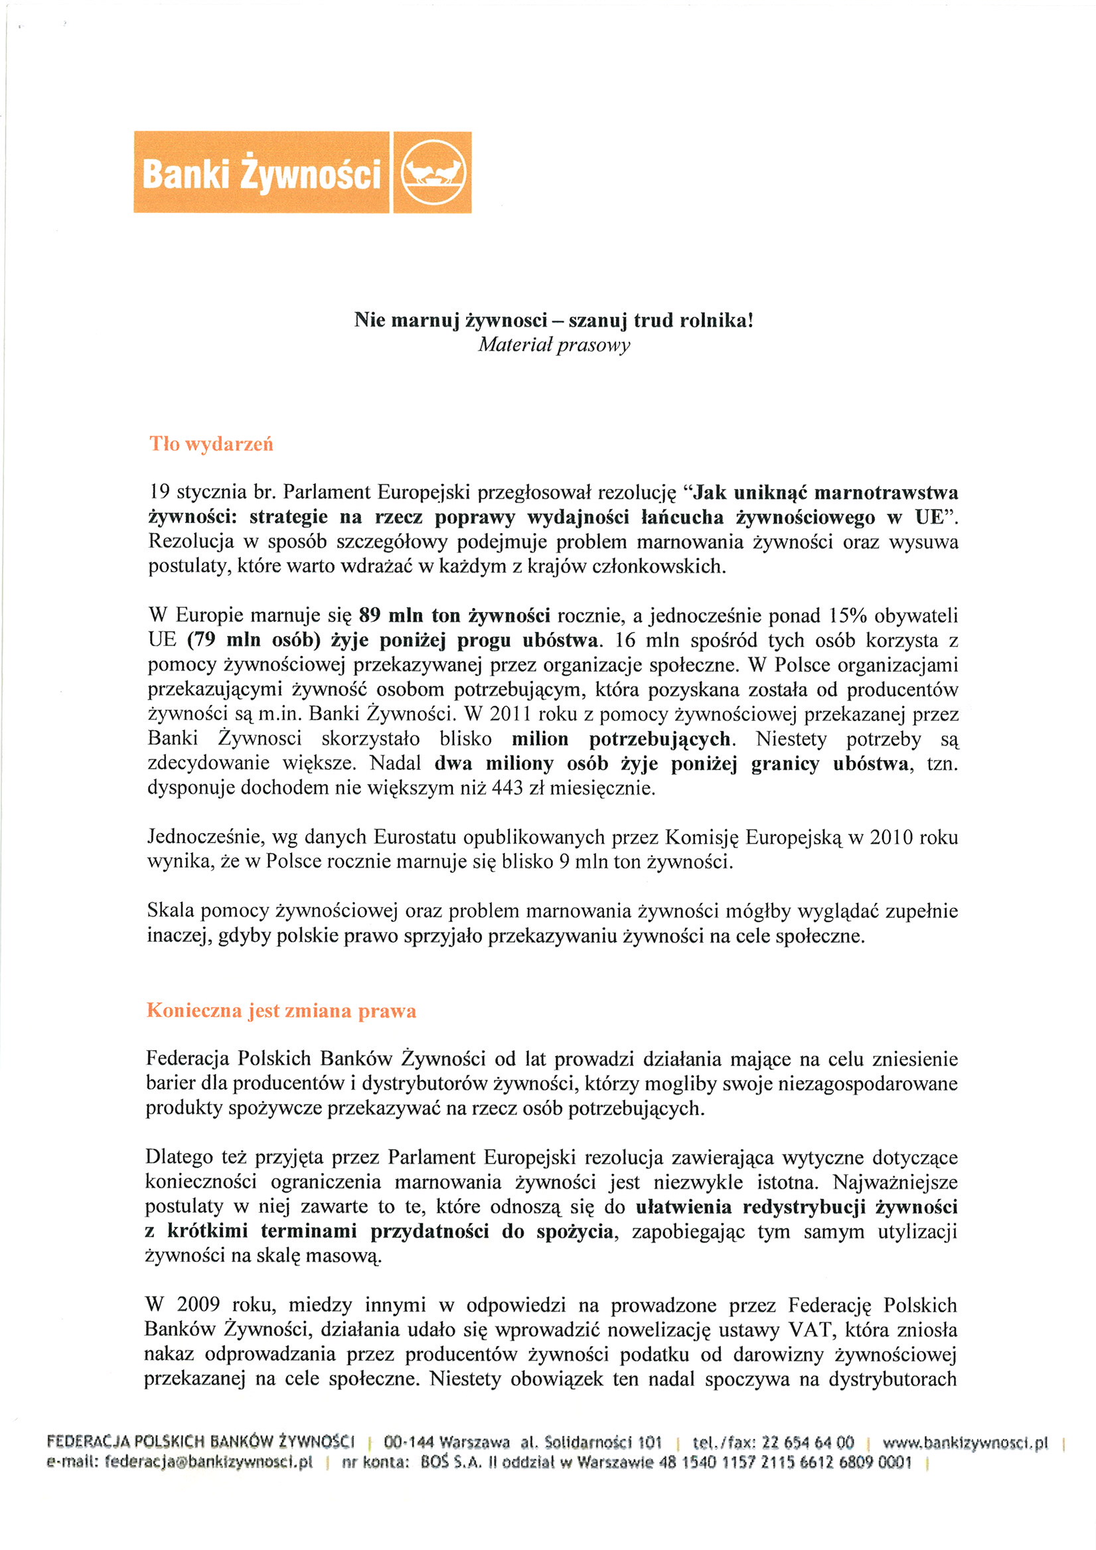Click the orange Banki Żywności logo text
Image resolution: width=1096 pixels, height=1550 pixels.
point(262,173)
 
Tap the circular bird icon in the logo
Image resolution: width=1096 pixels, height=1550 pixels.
point(432,173)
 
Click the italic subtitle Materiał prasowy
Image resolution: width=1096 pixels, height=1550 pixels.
point(554,345)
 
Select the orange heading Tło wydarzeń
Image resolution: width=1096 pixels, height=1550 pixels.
point(211,444)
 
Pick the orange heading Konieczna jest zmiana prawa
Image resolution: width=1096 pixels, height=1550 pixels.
point(281,1010)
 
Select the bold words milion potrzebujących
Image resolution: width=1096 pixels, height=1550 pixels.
point(621,739)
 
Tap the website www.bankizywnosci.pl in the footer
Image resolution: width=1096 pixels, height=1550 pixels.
point(965,1442)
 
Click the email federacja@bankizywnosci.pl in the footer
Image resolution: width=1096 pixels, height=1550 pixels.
point(179,1462)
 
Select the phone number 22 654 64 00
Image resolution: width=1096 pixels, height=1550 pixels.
point(808,1442)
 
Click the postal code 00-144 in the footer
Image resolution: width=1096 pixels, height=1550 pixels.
point(408,1442)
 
